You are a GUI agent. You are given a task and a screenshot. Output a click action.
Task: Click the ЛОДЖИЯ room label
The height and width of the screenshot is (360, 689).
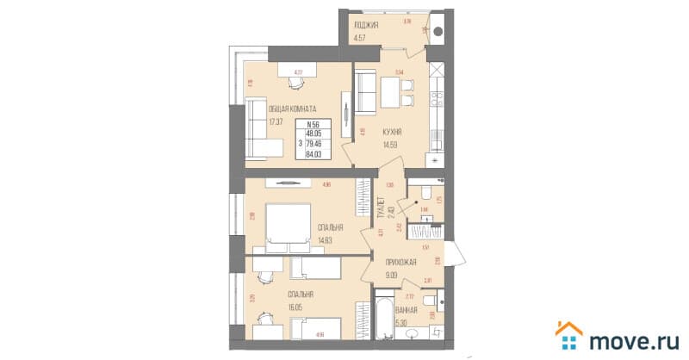tap(366, 25)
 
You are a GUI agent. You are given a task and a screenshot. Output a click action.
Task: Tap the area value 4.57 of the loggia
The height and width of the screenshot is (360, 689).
tap(362, 36)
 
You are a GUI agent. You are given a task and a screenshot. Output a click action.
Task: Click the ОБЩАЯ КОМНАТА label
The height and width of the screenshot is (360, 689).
tap(293, 109)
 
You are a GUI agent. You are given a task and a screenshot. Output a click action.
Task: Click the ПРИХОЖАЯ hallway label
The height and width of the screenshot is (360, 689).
tap(403, 263)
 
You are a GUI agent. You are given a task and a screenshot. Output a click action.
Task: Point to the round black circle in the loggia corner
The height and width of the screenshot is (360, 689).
tap(438, 32)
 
